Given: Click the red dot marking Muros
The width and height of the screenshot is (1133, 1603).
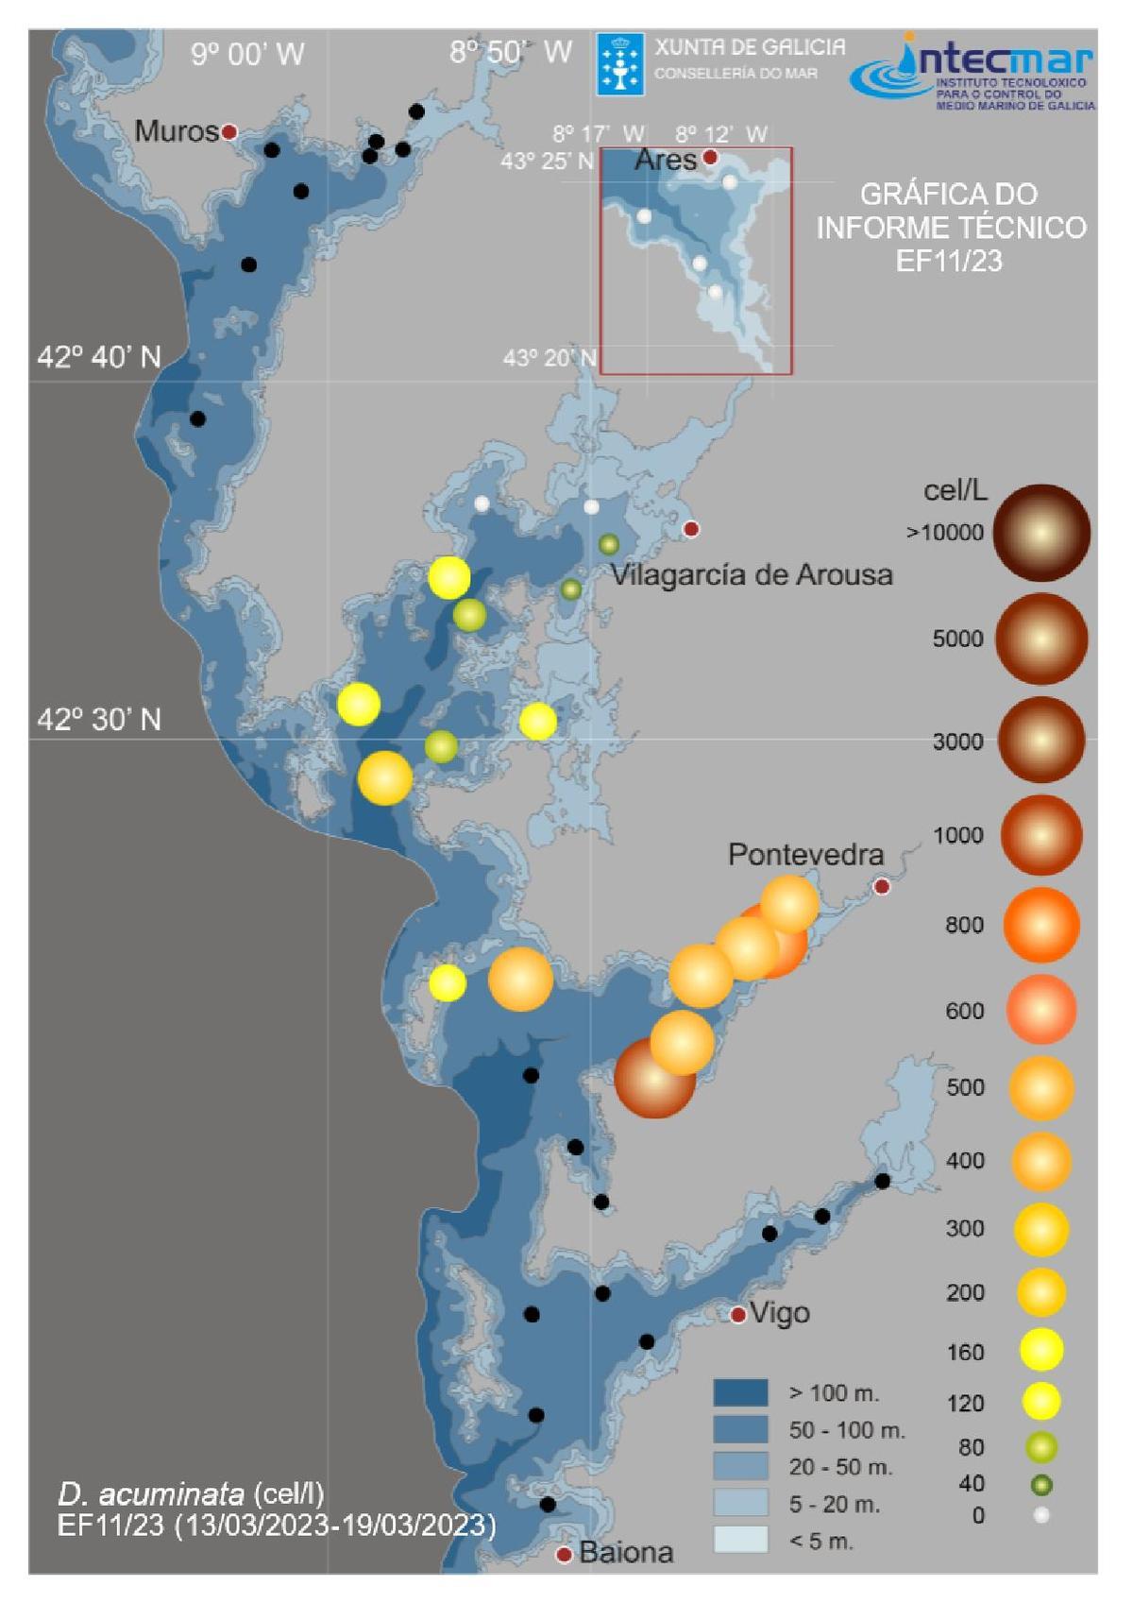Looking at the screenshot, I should pyautogui.click(x=228, y=132).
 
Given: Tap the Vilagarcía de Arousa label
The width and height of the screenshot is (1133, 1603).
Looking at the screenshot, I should pyautogui.click(x=752, y=574).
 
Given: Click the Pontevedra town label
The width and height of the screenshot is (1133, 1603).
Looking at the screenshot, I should pyautogui.click(x=805, y=855).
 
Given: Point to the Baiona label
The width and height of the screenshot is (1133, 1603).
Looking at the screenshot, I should pyautogui.click(x=626, y=1552).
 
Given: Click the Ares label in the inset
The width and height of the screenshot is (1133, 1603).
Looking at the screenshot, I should pyautogui.click(x=665, y=160).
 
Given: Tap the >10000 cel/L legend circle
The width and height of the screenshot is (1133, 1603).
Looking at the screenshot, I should pyautogui.click(x=1040, y=533).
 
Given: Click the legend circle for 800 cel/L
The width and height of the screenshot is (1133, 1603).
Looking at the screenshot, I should pyautogui.click(x=1040, y=926).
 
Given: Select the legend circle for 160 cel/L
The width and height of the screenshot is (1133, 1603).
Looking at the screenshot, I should pyautogui.click(x=1040, y=1350).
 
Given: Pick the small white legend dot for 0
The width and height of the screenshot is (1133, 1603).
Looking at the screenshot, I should pyautogui.click(x=1040, y=1515).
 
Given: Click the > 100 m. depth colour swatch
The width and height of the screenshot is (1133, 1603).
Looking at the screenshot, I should pyautogui.click(x=740, y=1392).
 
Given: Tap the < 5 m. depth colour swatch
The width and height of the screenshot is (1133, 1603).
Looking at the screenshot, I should pyautogui.click(x=740, y=1540).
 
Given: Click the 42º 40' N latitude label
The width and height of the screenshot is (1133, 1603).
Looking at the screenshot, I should pyautogui.click(x=99, y=357).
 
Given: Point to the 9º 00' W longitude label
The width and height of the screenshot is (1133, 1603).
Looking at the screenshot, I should pyautogui.click(x=247, y=54).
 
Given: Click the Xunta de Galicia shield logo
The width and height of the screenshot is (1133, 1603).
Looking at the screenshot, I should pyautogui.click(x=619, y=63).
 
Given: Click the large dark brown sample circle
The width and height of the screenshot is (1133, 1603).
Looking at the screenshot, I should pyautogui.click(x=653, y=1078).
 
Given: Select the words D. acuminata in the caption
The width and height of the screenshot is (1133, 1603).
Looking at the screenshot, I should pyautogui.click(x=150, y=1493).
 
